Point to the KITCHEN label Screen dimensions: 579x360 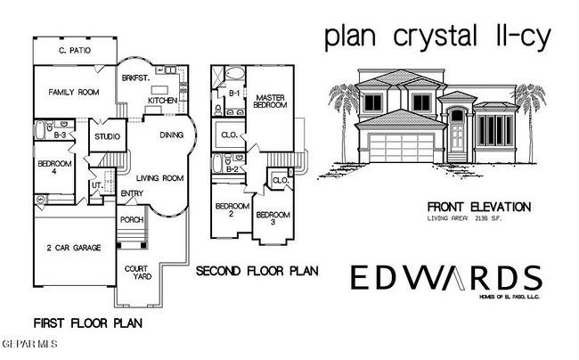[161, 101]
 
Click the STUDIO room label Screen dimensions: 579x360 [108, 137]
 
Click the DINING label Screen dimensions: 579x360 [172, 136]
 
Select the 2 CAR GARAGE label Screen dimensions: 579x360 [75, 248]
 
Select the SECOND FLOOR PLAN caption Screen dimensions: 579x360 [258, 270]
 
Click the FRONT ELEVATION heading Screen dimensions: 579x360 [480, 207]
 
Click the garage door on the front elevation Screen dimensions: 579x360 [404, 148]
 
